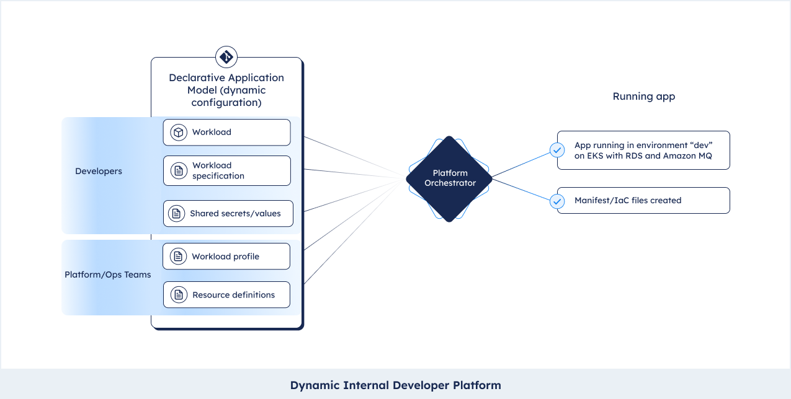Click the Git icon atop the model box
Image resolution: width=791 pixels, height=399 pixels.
226,57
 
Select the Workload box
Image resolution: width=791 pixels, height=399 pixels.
226,133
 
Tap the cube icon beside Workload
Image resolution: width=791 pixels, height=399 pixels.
179,133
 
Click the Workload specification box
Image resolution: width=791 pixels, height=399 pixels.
226,171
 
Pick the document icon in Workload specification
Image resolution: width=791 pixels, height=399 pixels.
179,171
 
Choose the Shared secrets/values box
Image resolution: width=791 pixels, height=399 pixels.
228,213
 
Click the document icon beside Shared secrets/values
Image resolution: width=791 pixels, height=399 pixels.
177,213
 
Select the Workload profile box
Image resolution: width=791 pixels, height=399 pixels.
226,256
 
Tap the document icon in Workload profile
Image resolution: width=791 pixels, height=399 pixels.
178,256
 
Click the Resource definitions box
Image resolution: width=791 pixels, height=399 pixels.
226,294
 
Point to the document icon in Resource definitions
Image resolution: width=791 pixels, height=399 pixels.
179,294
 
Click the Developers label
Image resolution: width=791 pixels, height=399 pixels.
99,171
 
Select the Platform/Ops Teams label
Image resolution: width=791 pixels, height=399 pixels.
108,274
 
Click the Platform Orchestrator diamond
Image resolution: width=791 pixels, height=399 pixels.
449,179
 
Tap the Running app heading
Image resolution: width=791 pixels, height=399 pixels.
644,96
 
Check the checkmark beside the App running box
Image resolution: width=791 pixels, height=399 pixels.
557,151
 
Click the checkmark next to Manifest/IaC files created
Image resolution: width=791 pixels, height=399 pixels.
557,201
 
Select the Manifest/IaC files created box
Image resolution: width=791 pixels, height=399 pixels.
643,200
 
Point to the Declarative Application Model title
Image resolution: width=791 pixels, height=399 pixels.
226,90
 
